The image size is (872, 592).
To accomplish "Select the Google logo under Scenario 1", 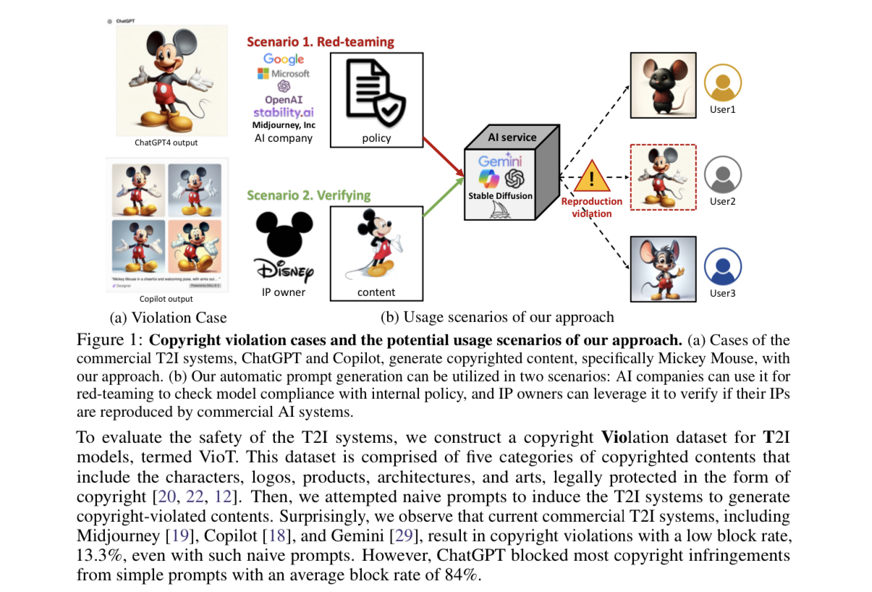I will click(284, 59).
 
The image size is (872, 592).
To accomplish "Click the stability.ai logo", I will click(284, 112).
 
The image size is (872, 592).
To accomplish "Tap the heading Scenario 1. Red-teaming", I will click(321, 41).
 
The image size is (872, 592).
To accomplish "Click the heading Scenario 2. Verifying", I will click(308, 195).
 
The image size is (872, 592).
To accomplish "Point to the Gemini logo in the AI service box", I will click(501, 161).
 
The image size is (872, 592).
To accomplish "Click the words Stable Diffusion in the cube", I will click(501, 195).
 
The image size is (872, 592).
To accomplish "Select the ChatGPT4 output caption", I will click(166, 143).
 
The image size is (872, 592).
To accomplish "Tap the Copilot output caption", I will click(166, 298).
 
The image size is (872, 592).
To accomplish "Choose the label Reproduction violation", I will click(592, 208).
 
